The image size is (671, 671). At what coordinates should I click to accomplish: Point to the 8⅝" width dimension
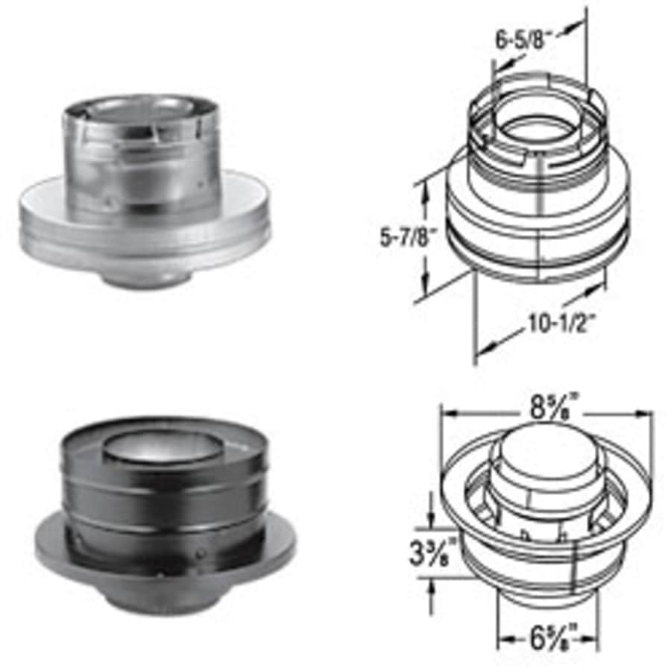pyautogui.click(x=550, y=407)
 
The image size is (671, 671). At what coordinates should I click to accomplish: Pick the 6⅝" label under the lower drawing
pyautogui.click(x=552, y=639)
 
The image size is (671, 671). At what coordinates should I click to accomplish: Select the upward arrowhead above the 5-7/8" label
pyautogui.click(x=425, y=192)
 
